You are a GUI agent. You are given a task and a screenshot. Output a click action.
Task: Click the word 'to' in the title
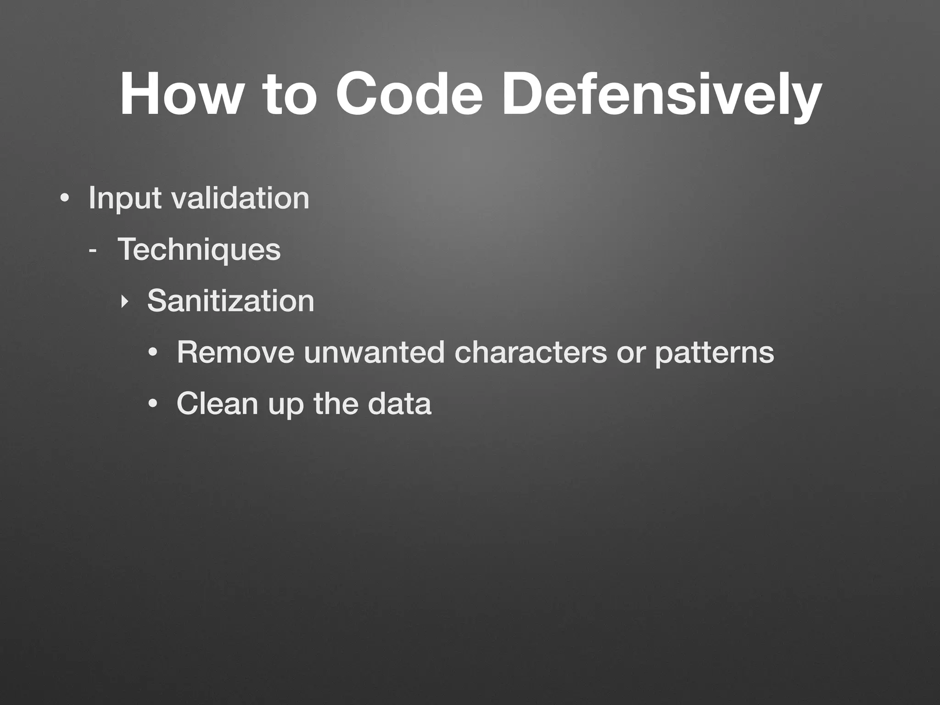[289, 95]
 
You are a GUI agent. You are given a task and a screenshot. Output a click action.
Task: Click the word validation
[240, 198]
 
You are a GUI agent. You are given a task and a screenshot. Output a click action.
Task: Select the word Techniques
[199, 250]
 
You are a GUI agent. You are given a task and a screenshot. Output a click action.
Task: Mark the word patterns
[714, 353]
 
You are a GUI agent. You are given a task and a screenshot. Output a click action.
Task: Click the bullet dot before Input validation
[65, 199]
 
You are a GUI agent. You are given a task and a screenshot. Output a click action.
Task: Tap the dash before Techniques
[93, 251]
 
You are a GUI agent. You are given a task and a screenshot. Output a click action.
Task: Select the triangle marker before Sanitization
[123, 302]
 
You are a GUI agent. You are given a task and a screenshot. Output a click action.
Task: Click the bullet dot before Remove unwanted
[153, 353]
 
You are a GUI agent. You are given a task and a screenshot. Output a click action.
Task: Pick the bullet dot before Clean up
[153, 404]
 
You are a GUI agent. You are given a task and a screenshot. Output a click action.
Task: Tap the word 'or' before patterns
[631, 353]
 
